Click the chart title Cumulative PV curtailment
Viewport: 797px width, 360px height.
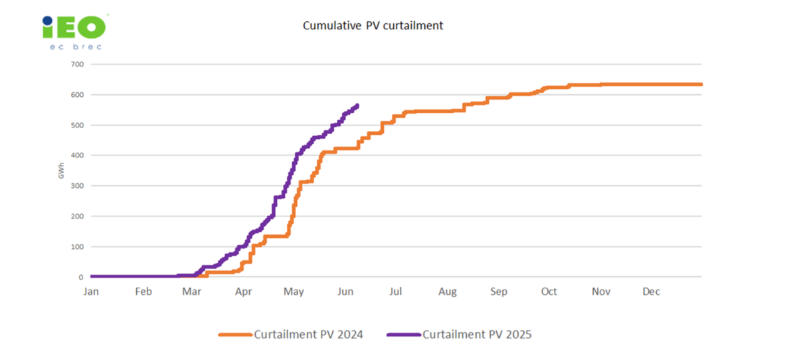[373, 26]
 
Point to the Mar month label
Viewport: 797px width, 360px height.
[192, 292]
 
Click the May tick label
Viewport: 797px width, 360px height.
[294, 292]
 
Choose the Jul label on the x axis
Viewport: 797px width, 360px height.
[396, 292]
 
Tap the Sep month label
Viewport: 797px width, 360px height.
[498, 292]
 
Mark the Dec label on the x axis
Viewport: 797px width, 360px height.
[652, 292]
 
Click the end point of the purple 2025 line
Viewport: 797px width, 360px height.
[358, 106]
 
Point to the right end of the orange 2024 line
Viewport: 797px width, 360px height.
[701, 84]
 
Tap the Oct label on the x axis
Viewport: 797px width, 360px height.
[549, 292]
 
